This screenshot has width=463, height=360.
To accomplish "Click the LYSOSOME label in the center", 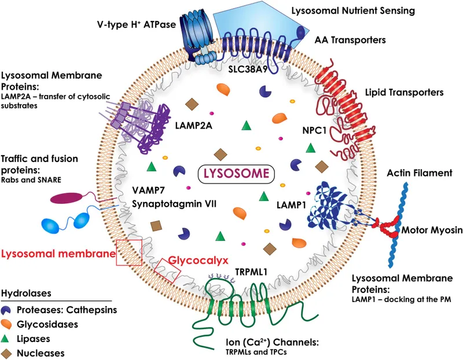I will (236, 173).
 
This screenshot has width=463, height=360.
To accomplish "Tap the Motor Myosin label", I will (429, 230).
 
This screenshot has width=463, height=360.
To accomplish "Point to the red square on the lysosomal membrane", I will (128, 252).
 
